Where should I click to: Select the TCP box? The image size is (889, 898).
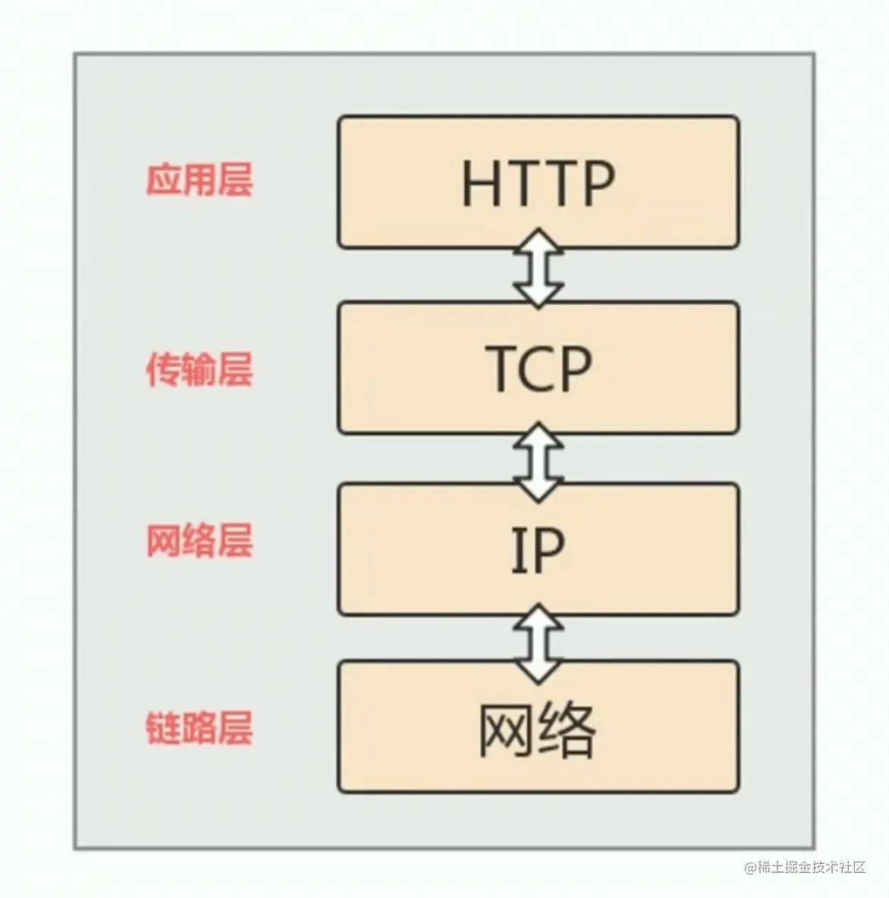(538, 367)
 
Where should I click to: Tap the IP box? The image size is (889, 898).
(538, 549)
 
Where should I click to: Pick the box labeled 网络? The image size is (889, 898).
(538, 727)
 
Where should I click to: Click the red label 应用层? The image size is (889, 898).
(199, 181)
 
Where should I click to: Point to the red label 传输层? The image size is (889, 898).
(199, 371)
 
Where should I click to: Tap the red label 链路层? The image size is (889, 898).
(199, 727)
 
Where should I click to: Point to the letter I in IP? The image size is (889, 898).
(517, 551)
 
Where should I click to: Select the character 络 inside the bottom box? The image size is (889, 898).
(566, 729)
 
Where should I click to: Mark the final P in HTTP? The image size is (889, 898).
(594, 184)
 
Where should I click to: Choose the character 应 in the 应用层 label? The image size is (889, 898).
(162, 181)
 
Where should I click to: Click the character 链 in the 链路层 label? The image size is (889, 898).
(162, 727)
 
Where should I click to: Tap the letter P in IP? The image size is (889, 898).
(548, 551)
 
